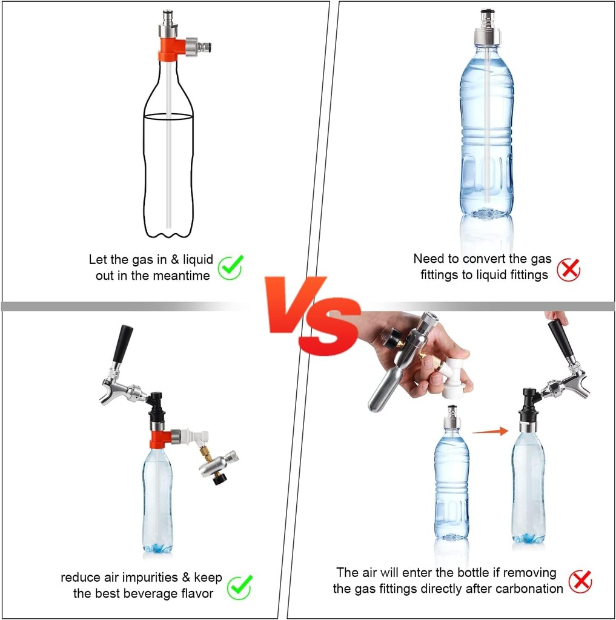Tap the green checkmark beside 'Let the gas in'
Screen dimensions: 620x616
[230, 266]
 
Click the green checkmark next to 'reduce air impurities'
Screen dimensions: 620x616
[239, 585]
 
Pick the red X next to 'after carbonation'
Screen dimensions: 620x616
[580, 582]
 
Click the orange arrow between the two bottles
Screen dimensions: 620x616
[489, 431]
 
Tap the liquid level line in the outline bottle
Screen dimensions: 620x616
[168, 114]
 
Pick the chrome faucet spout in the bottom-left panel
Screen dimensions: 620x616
[115, 391]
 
